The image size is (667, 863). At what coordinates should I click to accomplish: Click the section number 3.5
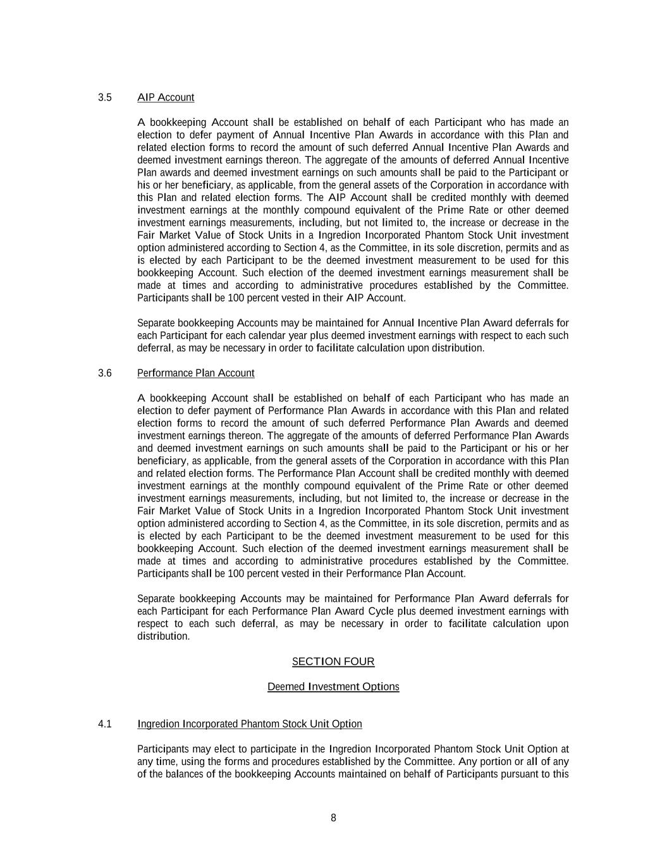[105, 97]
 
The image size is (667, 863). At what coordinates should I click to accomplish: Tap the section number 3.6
[105, 373]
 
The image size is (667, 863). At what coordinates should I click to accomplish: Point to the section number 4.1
[105, 724]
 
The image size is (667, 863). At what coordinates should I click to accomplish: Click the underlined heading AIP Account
[166, 97]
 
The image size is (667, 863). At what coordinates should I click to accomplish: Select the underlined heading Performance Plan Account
[196, 373]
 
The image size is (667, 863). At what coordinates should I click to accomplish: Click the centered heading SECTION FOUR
[333, 662]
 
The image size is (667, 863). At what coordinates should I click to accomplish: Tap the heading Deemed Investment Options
[333, 687]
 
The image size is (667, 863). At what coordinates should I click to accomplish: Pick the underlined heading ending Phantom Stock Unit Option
[250, 724]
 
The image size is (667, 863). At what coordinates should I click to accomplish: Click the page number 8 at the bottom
[333, 818]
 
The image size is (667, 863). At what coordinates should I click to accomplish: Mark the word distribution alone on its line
[163, 637]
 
